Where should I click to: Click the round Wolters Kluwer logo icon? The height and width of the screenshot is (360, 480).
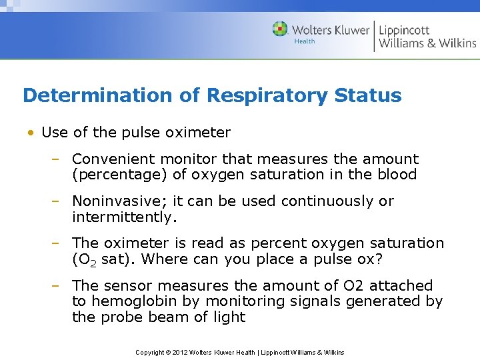(x=281, y=29)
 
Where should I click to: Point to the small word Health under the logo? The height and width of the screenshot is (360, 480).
(x=305, y=41)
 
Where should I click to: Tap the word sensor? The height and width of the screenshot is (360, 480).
(x=127, y=285)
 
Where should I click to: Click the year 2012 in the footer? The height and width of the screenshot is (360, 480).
(x=181, y=352)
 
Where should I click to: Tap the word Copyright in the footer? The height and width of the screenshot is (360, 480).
(x=151, y=352)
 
